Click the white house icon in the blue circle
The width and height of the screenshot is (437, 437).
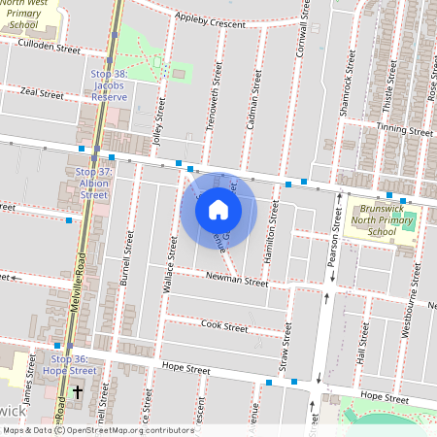218,209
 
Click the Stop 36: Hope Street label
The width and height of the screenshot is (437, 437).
73,364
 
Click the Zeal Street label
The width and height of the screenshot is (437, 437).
42,95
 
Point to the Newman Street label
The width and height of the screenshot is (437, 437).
236,281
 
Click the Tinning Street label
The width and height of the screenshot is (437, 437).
405,129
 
